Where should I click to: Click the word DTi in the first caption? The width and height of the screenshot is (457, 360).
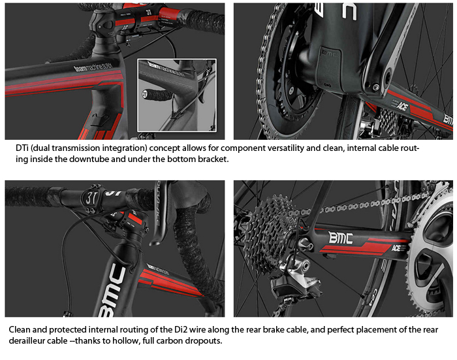[x=22, y=148]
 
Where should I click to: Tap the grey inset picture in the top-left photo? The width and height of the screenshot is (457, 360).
[x=177, y=95]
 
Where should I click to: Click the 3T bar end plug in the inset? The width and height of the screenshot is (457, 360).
[x=144, y=94]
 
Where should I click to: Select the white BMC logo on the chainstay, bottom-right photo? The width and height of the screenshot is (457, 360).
[x=340, y=238]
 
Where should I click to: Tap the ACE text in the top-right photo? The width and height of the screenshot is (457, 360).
[x=402, y=106]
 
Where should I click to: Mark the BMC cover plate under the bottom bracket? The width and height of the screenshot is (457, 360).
[x=329, y=68]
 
